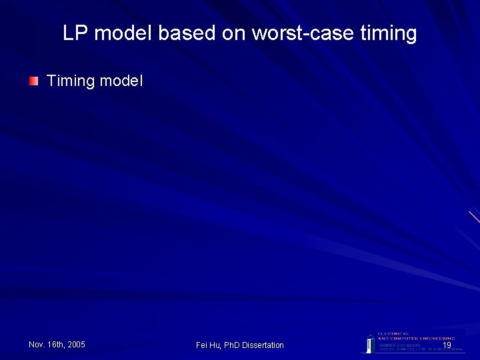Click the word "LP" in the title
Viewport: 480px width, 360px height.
tap(76, 33)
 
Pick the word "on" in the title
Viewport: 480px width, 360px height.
tap(234, 33)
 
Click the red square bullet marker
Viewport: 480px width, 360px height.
tap(33, 81)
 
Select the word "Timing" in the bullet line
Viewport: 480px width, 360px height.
tap(71, 81)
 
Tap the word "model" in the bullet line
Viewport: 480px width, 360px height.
tap(121, 81)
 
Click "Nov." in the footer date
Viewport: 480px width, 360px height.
tap(37, 345)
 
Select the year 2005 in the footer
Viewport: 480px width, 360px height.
tap(76, 345)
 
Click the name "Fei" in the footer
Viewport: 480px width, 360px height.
tap(202, 345)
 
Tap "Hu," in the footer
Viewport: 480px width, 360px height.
tap(216, 345)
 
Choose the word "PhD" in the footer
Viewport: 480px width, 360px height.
tap(232, 345)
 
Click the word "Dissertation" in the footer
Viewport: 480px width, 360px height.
tap(263, 345)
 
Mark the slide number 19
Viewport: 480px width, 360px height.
tap(447, 345)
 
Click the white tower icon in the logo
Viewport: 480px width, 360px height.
tap(369, 343)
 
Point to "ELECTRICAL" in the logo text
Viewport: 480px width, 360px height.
tap(394, 333)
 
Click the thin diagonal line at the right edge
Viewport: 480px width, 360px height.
tap(474, 217)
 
